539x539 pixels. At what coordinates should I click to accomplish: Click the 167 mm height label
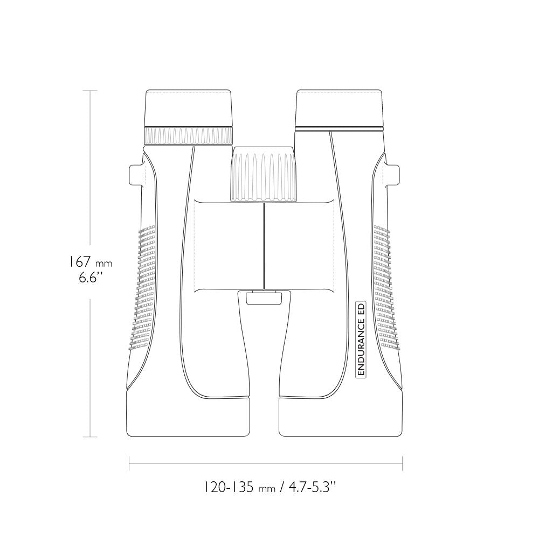[89, 262]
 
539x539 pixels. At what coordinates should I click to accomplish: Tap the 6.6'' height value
[91, 278]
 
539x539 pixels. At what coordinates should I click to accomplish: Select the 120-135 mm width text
[240, 487]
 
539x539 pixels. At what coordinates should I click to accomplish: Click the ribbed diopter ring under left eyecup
[188, 136]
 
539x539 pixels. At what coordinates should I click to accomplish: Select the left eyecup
[188, 108]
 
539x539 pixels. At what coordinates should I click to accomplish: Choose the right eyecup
[339, 109]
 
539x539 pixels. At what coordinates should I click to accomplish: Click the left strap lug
[136, 175]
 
